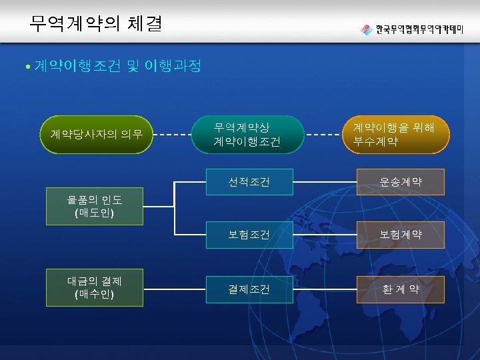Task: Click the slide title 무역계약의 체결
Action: (95, 25)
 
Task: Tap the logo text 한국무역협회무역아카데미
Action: (421, 30)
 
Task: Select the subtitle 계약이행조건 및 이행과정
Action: (117, 67)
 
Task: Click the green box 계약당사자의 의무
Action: (96, 135)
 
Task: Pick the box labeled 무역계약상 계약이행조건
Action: (247, 134)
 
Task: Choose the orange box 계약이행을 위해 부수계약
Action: (393, 134)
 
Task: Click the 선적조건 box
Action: (249, 182)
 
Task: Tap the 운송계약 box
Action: (401, 182)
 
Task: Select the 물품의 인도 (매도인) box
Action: (94, 206)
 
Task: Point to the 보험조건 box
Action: (249, 235)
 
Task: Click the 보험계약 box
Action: (401, 235)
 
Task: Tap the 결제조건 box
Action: (249, 289)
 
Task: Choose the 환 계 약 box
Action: (401, 289)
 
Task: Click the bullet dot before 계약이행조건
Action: (26, 67)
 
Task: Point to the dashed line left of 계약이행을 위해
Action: (323, 135)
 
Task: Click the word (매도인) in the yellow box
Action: (94, 213)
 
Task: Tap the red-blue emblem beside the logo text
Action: (366, 30)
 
